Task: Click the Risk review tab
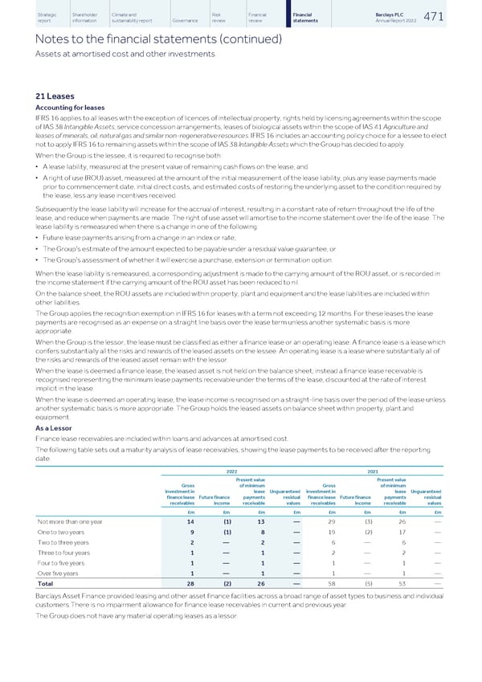[x=220, y=17]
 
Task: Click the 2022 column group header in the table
[x=229, y=472]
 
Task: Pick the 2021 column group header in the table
[x=372, y=472]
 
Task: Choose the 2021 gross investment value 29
[x=333, y=525]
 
